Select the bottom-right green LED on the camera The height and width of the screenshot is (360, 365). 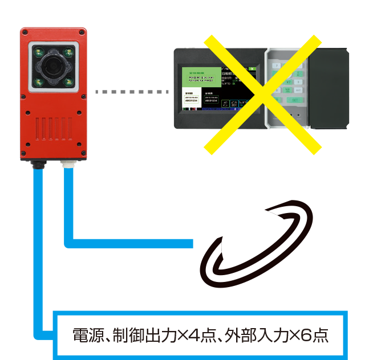[68, 83]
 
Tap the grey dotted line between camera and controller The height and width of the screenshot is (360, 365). [132, 92]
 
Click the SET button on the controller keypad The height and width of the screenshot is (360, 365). [295, 100]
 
